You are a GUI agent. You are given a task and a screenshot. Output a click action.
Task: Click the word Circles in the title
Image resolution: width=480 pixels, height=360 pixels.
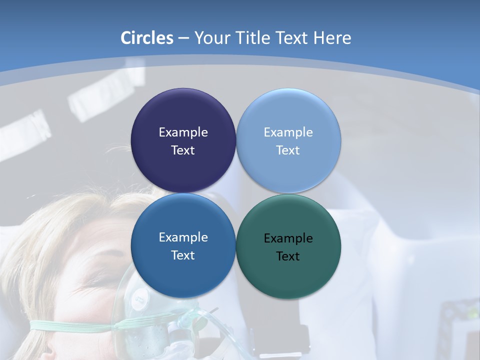pyautogui.click(x=147, y=38)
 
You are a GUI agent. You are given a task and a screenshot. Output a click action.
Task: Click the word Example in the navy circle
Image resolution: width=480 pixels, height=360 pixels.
pyautogui.click(x=183, y=132)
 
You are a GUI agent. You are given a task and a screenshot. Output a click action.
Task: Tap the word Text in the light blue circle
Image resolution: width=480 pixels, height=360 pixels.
pyautogui.click(x=288, y=150)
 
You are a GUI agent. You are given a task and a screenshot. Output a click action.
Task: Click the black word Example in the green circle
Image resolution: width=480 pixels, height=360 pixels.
pyautogui.click(x=288, y=238)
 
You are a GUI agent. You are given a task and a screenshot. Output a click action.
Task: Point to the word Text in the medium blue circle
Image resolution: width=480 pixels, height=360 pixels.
pyautogui.click(x=183, y=255)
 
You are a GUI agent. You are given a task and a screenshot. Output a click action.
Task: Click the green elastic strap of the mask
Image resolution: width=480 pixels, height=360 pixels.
pyautogui.click(x=70, y=326)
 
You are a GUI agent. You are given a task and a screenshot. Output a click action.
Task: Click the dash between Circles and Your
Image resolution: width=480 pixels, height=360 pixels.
pyautogui.click(x=183, y=38)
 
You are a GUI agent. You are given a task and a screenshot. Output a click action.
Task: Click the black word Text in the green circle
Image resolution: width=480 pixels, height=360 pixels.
pyautogui.click(x=288, y=256)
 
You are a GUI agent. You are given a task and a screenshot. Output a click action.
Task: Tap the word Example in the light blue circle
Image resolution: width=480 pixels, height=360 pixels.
pyautogui.click(x=288, y=132)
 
